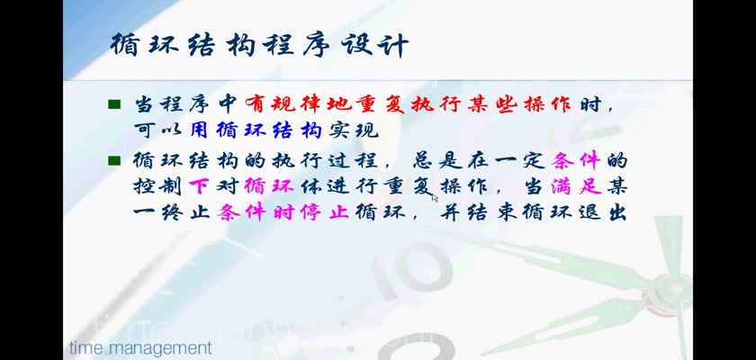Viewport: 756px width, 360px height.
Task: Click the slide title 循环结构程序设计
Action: pyautogui.click(x=259, y=45)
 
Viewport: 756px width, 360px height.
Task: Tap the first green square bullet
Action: pyautogui.click(x=114, y=104)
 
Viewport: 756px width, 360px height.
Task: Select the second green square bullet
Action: pyautogui.click(x=114, y=160)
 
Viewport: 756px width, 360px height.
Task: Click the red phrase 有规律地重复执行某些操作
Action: pyautogui.click(x=408, y=104)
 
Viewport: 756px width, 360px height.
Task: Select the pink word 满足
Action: pyautogui.click(x=577, y=186)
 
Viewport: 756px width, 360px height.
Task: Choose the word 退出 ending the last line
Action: pyautogui.click(x=600, y=212)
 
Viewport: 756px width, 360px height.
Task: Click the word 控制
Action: pyautogui.click(x=157, y=186)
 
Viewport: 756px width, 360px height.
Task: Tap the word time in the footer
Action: pyautogui.click(x=84, y=347)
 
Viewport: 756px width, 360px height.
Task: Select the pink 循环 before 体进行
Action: pyautogui.click(x=269, y=186)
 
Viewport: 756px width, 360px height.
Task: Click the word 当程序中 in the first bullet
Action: pyautogui.click(x=185, y=104)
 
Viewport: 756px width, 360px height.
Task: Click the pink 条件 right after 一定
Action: pyautogui.click(x=576, y=160)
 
